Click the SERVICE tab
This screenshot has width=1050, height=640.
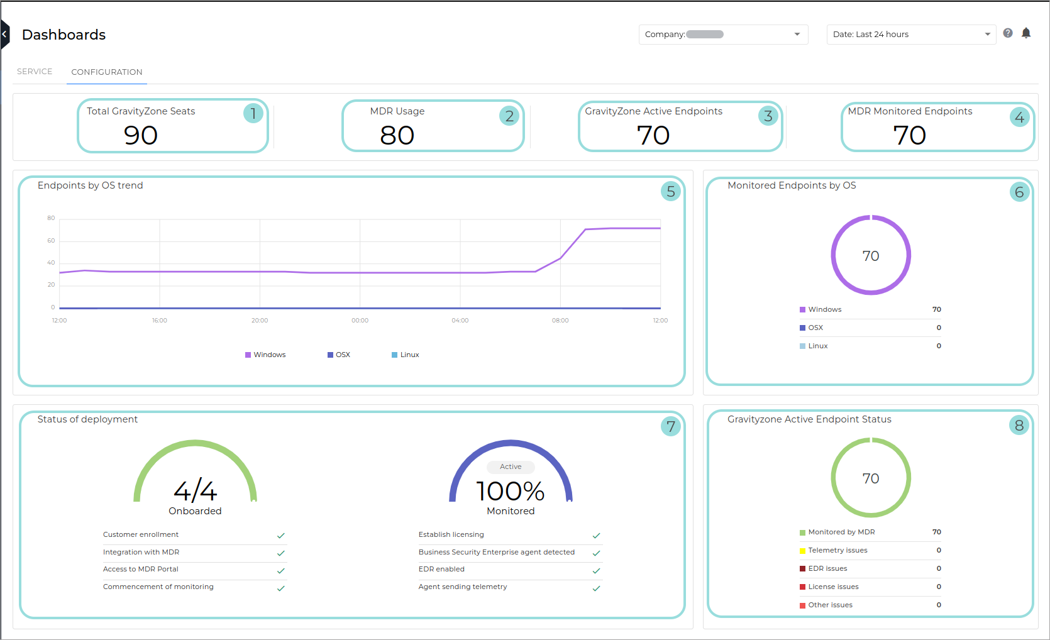coord(35,72)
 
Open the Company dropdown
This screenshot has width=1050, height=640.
coord(723,35)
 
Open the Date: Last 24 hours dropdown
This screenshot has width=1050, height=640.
coord(911,35)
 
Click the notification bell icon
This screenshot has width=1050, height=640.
coord(1026,33)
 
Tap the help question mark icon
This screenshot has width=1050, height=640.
coord(1008,33)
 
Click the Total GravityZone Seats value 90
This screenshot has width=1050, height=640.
coord(141,135)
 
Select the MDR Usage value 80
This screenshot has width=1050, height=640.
coord(397,135)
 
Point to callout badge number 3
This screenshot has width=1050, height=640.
coord(768,116)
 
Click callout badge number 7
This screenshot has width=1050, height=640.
coord(671,426)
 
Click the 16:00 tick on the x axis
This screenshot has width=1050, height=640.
coord(160,321)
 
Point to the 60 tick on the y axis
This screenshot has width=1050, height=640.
coord(51,241)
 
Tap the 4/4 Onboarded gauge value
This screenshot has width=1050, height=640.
coord(195,491)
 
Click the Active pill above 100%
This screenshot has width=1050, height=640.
coord(511,467)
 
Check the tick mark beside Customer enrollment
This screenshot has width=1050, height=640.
coord(281,536)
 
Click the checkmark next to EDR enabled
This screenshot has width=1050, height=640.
coord(597,571)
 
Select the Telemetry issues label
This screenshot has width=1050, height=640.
coord(837,551)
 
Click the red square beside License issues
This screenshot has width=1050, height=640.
coord(802,587)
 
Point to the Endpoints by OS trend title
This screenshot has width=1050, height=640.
coord(90,185)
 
